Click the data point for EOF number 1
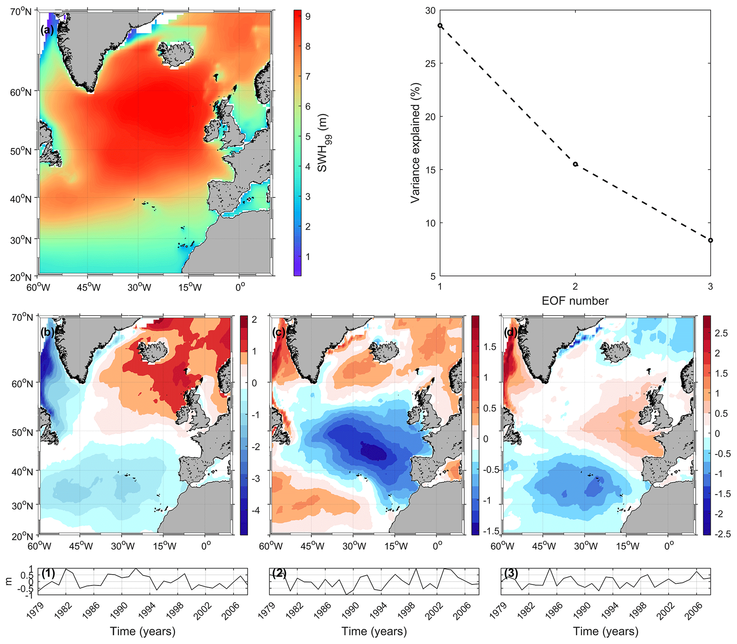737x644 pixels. pyautogui.click(x=440, y=26)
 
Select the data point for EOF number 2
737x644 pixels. pyautogui.click(x=575, y=164)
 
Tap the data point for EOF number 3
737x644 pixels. pyautogui.click(x=710, y=240)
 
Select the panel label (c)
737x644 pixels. pyautogui.click(x=279, y=332)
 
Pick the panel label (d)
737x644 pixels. pyautogui.click(x=510, y=332)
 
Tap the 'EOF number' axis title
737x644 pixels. pyautogui.click(x=575, y=301)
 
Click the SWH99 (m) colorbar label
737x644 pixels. pyautogui.click(x=323, y=143)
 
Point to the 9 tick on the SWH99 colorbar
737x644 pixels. pyautogui.click(x=308, y=16)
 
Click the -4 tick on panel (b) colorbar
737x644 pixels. pyautogui.click(x=254, y=511)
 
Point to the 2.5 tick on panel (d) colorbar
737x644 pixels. pyautogui.click(x=721, y=333)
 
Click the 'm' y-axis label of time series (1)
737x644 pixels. pyautogui.click(x=9, y=581)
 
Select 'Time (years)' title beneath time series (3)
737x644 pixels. pyautogui.click(x=605, y=631)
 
